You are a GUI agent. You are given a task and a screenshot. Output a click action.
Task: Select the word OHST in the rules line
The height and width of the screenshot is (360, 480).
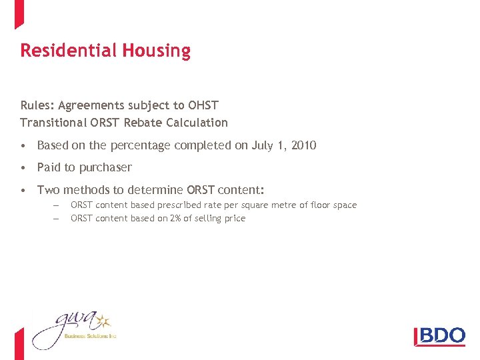[x=203, y=105]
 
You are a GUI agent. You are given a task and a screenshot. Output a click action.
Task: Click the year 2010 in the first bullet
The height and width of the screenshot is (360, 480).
[x=303, y=145]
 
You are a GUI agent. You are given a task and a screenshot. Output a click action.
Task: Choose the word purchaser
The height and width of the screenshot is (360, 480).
[x=105, y=167]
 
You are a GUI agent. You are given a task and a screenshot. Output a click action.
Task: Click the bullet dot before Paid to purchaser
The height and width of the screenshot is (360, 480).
[x=23, y=167]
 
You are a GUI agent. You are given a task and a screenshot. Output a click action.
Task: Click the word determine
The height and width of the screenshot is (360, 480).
[x=157, y=190]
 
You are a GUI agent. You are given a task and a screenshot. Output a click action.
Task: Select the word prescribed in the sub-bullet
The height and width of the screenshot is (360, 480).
[x=198, y=205]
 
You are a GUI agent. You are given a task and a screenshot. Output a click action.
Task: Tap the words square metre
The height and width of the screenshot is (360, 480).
[x=279, y=205]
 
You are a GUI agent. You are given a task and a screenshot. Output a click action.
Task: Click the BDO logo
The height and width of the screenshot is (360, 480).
[x=440, y=335]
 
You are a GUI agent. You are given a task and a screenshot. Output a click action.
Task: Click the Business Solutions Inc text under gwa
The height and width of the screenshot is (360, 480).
[x=90, y=337]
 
